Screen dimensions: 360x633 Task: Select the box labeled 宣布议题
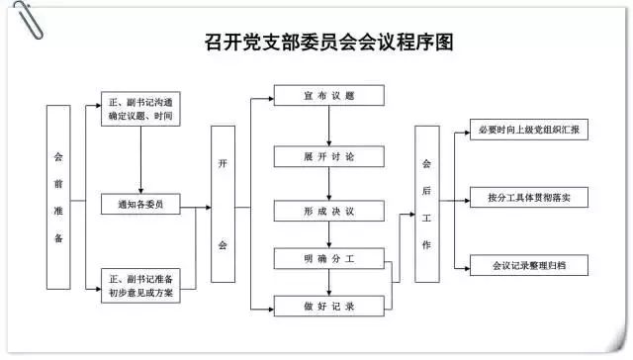329,96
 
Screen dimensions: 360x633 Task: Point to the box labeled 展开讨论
329,157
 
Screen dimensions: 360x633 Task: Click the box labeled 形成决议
329,211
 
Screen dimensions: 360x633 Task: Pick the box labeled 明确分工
329,259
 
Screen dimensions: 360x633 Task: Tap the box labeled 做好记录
329,308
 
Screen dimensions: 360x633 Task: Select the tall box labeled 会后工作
427,205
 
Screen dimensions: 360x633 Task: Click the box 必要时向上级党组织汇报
528,131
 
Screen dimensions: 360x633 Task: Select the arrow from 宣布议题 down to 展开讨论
329,127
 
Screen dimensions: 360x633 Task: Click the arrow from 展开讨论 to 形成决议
329,184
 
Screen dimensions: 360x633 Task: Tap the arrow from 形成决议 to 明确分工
329,235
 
